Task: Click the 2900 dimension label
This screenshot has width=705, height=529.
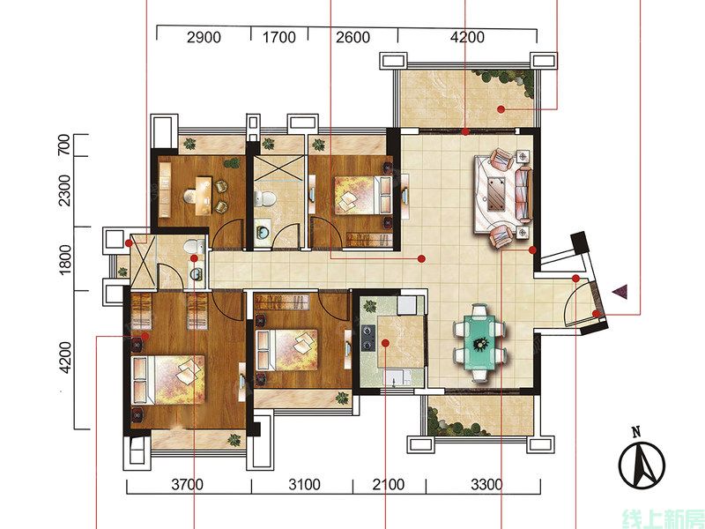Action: (x=204, y=37)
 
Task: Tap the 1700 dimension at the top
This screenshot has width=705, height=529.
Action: (x=278, y=37)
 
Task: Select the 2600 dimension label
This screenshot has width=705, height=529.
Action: (x=353, y=37)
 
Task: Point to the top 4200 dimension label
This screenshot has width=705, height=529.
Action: (x=467, y=37)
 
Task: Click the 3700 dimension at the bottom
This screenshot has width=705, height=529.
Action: (x=188, y=484)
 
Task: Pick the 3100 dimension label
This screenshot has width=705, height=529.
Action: (x=304, y=484)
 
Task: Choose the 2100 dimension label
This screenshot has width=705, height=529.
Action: (x=389, y=484)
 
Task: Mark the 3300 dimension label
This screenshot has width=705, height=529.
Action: (x=487, y=484)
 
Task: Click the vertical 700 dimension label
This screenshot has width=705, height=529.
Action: (x=64, y=145)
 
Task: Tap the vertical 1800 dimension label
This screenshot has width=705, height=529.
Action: (x=65, y=257)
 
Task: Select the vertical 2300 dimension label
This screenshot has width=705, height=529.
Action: (x=64, y=190)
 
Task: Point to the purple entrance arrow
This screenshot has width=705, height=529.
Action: (x=620, y=292)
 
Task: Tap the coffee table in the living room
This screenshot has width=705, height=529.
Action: (x=496, y=194)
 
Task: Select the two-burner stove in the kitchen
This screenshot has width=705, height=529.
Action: (x=368, y=338)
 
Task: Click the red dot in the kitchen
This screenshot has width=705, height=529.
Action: (x=385, y=343)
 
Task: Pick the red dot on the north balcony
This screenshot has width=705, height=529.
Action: (x=501, y=108)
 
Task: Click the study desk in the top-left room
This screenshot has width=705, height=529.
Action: (x=204, y=196)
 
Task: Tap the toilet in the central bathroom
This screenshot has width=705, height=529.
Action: (x=265, y=197)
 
